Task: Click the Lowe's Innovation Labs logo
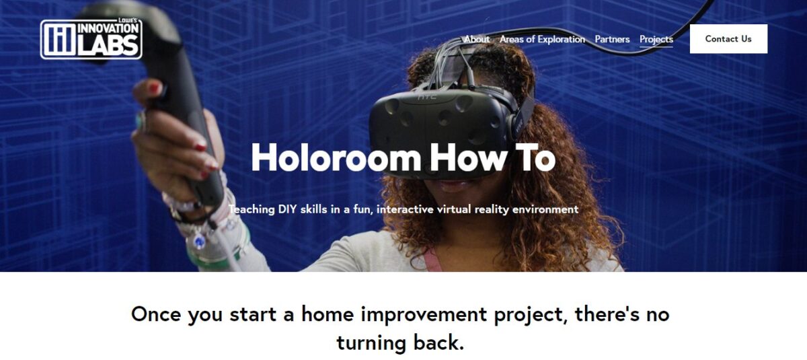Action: tap(91, 38)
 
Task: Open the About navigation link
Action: tap(477, 39)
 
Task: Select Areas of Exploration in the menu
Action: tap(542, 39)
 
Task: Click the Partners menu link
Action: tap(612, 39)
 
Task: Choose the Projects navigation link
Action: tap(656, 39)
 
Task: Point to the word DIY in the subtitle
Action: tap(287, 209)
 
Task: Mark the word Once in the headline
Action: tap(157, 314)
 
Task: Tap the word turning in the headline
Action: tap(371, 343)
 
